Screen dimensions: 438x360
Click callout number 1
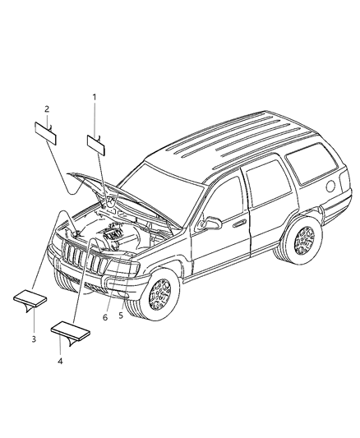(95, 98)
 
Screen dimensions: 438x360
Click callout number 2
(47, 108)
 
